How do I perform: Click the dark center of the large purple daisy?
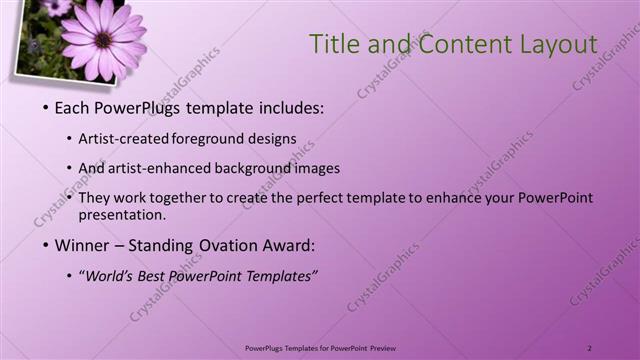tap(103, 39)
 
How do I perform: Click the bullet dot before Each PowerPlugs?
tap(46, 108)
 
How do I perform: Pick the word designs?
tap(272, 140)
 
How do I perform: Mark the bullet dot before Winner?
tap(46, 244)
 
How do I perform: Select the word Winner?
tap(81, 244)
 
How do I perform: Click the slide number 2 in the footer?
tap(590, 347)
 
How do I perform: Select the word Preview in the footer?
tap(389, 347)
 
